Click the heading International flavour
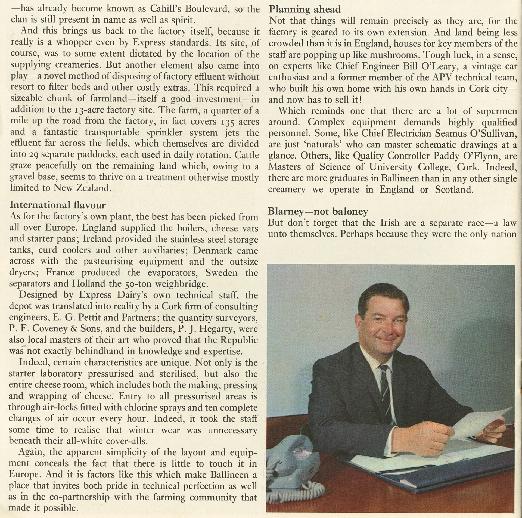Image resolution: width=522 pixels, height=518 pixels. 58,205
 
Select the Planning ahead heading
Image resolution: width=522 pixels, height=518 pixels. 304,9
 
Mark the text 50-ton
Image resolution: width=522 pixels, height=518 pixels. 138,284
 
